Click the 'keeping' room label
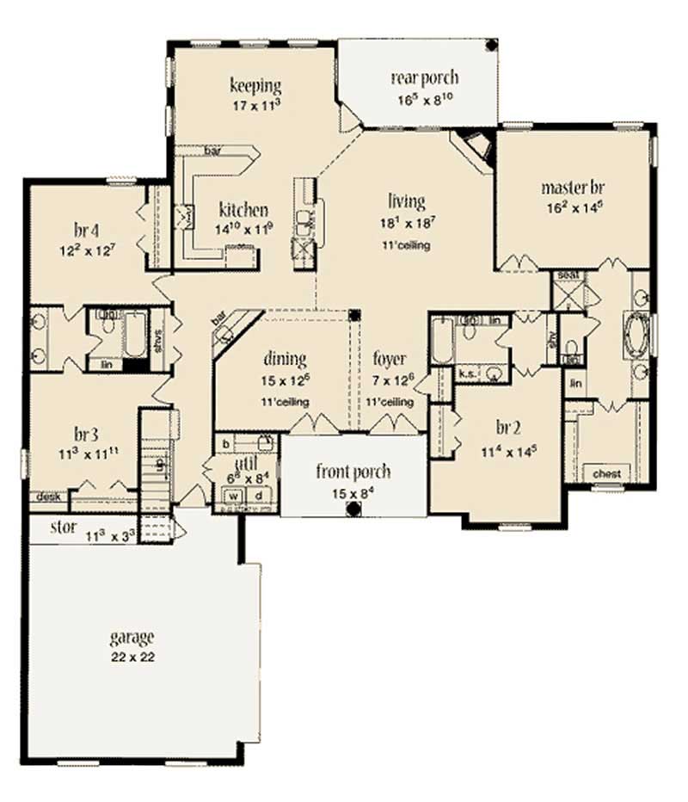(256, 85)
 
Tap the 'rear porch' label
(425, 78)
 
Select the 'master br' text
(571, 187)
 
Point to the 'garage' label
(132, 638)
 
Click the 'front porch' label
(353, 472)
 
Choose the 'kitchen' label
(243, 210)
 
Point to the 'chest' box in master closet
(607, 473)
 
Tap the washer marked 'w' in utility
(232, 496)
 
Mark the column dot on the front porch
(352, 509)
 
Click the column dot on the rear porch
(491, 45)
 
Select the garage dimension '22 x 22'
(132, 656)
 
